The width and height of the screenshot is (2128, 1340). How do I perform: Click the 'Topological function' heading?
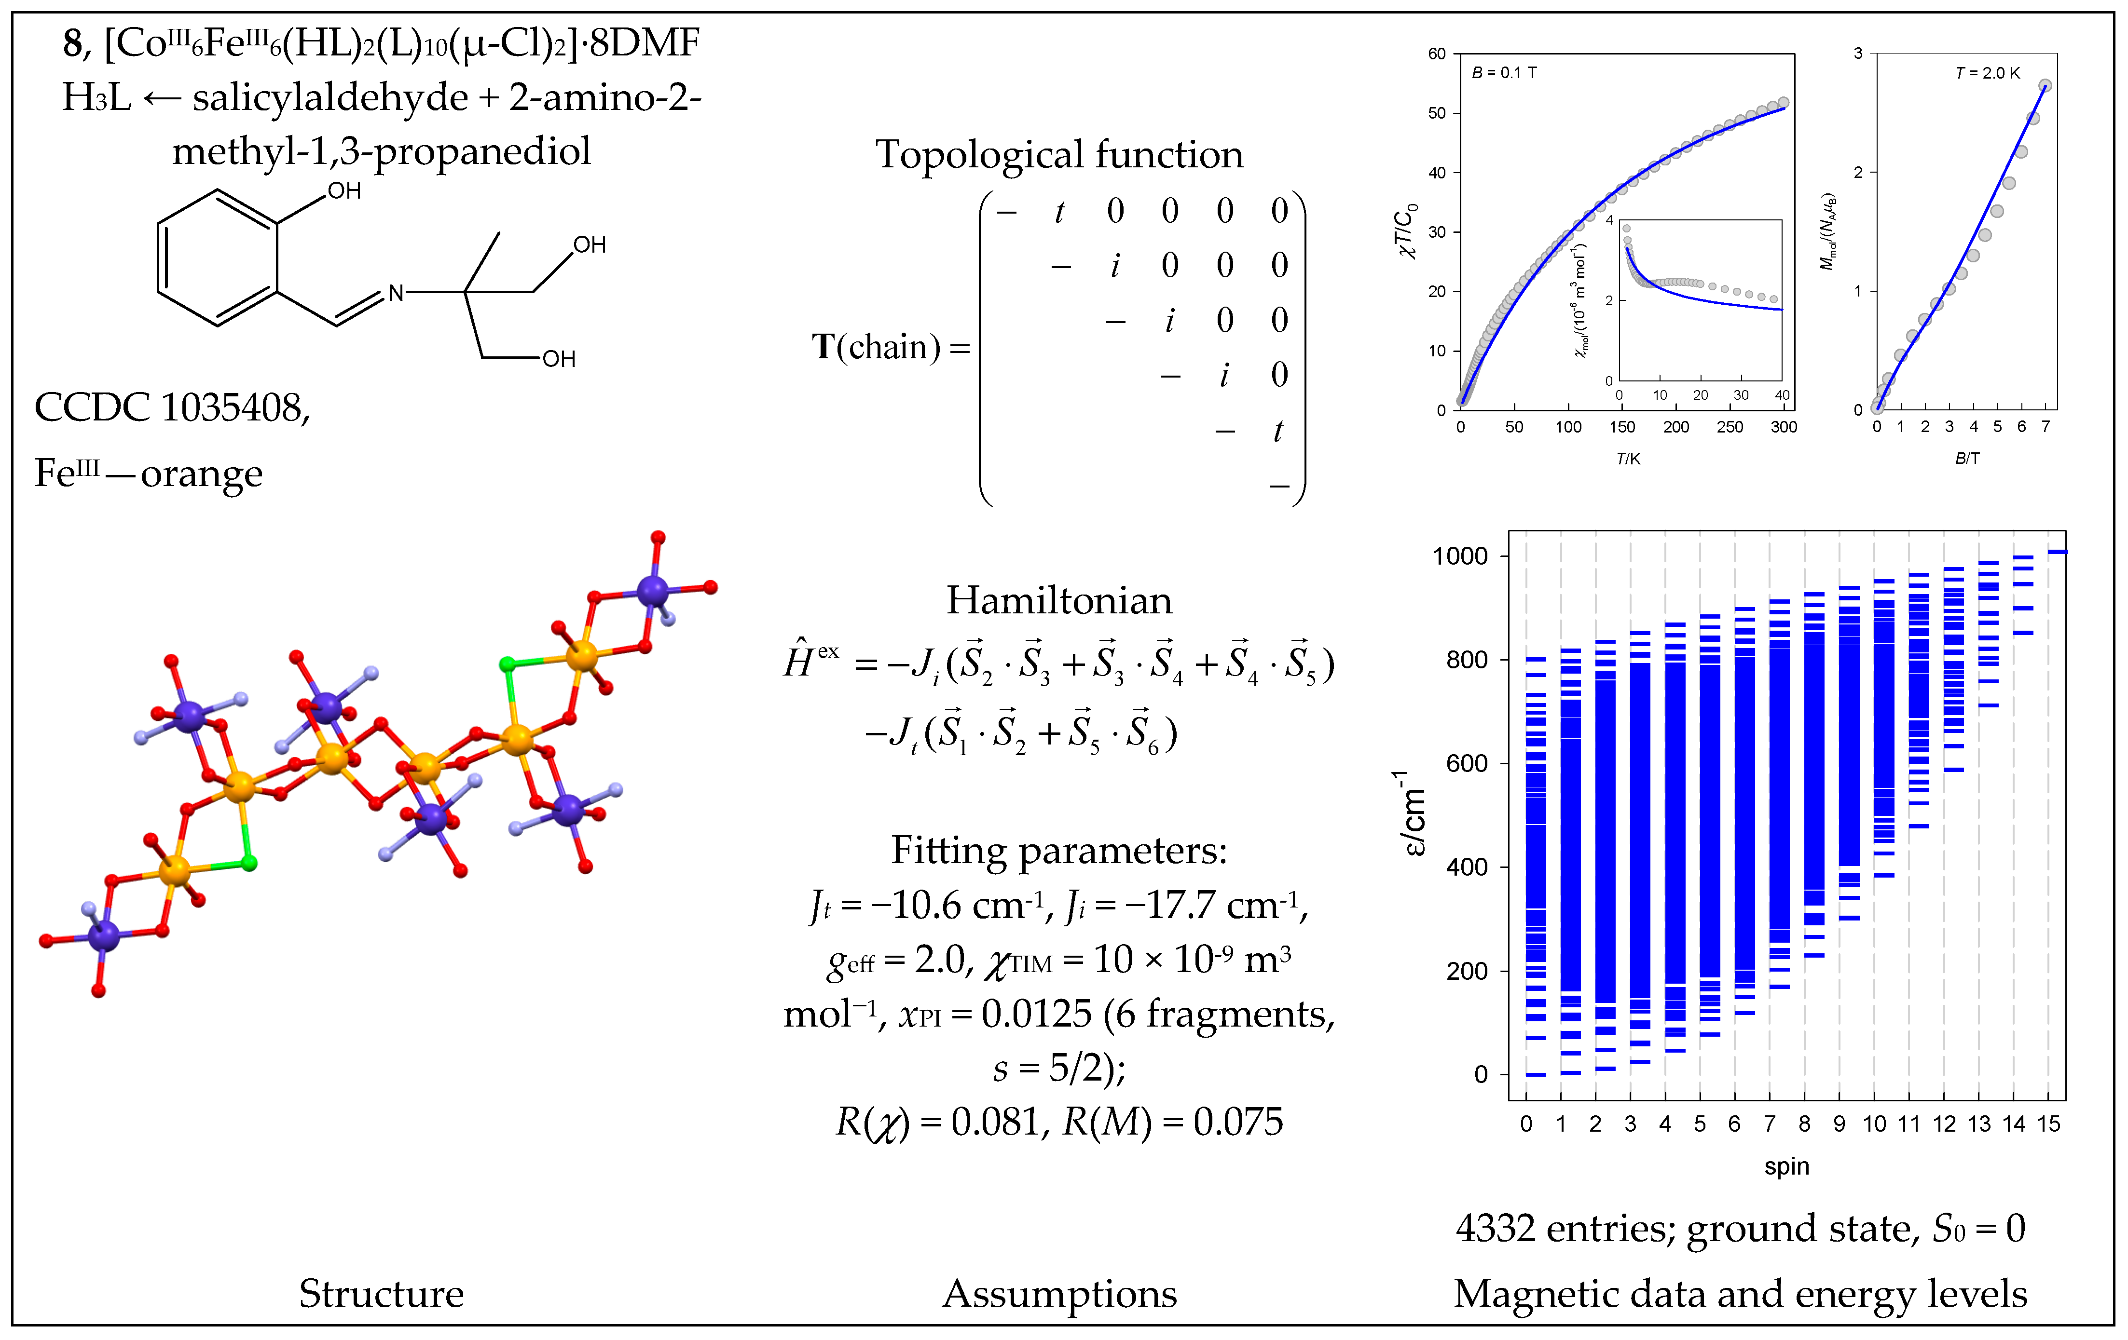tap(1059, 155)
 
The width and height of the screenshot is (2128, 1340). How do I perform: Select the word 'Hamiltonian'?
tap(1059, 601)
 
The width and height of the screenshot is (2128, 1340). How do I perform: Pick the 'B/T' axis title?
tap(1967, 459)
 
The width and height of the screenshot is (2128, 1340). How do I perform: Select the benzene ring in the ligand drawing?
tap(218, 258)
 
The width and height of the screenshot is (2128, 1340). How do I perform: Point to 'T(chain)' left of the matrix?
tap(876, 347)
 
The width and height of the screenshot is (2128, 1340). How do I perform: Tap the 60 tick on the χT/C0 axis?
tap(1437, 54)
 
